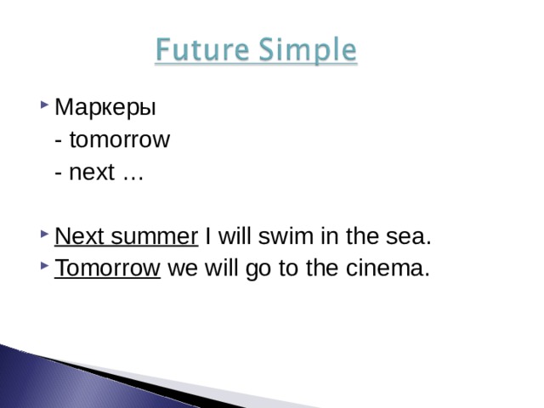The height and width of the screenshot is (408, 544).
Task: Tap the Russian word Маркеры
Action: (x=105, y=109)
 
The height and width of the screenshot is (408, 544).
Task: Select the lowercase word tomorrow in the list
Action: (x=120, y=140)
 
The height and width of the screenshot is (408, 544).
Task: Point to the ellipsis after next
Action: (x=133, y=174)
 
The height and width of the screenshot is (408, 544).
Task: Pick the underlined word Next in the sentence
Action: (x=76, y=235)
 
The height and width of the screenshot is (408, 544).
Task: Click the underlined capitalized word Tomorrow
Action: (x=107, y=269)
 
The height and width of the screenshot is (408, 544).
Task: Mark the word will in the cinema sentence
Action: (x=219, y=269)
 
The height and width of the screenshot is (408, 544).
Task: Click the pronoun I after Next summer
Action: (x=208, y=235)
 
